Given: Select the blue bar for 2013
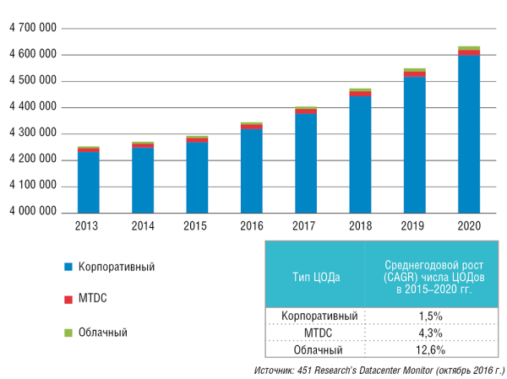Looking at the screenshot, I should click(x=89, y=181).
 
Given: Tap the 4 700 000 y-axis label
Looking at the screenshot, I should click(x=33, y=29).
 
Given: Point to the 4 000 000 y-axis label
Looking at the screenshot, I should click(x=33, y=212).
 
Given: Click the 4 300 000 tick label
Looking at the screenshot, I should click(x=33, y=133).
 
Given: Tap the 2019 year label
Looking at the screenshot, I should click(x=414, y=227).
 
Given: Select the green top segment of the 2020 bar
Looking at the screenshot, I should click(x=469, y=48).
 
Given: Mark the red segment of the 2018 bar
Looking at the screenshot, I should click(x=360, y=93).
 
